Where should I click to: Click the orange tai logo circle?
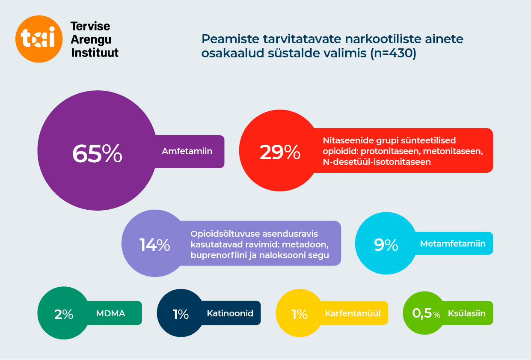pyautogui.click(x=39, y=39)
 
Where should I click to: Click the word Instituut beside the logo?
pyautogui.click(x=95, y=53)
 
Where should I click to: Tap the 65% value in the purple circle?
pyautogui.click(x=97, y=154)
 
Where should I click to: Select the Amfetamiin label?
pyautogui.click(x=187, y=151)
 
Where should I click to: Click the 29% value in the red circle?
pyautogui.click(x=280, y=152)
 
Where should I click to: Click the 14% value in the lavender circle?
pyautogui.click(x=154, y=245)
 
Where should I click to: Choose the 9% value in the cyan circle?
pyautogui.click(x=386, y=244)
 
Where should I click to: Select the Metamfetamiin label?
pyautogui.click(x=453, y=244)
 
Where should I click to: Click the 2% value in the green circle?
pyautogui.click(x=64, y=314)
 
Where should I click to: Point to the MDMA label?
pyautogui.click(x=110, y=313)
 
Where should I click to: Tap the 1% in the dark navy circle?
pyautogui.click(x=181, y=314)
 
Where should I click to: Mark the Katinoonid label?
pyautogui.click(x=230, y=313)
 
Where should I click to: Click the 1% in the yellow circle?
pyautogui.click(x=300, y=314)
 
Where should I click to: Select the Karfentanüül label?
pyautogui.click(x=353, y=313)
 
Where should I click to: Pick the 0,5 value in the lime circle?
pyautogui.click(x=421, y=313)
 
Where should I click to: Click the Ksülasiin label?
pyautogui.click(x=466, y=313)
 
